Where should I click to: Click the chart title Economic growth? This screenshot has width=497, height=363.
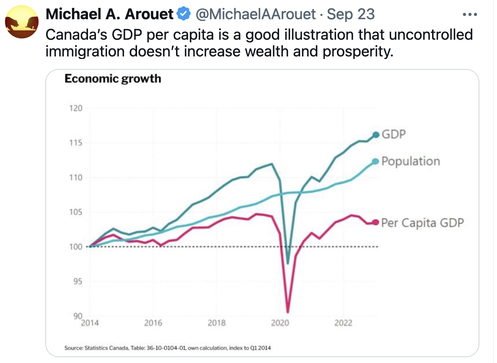(112, 79)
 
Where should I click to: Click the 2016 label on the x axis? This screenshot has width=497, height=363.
(153, 323)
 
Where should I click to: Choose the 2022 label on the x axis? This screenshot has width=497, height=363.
(344, 323)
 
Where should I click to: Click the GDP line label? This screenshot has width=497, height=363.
(394, 135)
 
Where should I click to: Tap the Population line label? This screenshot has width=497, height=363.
(411, 161)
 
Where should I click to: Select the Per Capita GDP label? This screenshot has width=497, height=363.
(422, 222)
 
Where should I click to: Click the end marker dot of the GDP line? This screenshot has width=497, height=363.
(375, 135)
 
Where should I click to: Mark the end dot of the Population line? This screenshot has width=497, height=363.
(375, 161)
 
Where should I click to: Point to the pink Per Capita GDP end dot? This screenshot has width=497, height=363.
(375, 222)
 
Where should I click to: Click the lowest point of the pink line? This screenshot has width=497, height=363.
(288, 312)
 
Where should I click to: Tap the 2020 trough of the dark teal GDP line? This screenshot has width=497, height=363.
(288, 264)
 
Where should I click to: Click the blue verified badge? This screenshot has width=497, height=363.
(183, 14)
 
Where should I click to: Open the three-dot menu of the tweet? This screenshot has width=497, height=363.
(469, 14)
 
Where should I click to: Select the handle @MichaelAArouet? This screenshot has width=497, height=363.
(255, 14)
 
